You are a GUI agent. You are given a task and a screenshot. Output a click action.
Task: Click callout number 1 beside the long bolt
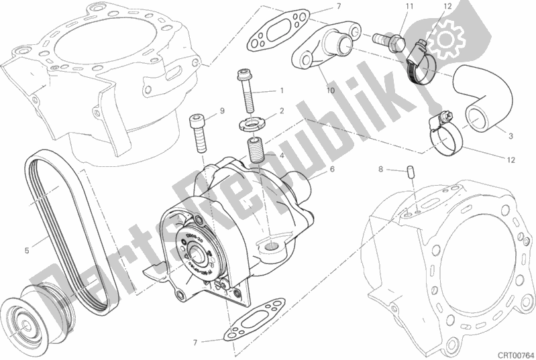pos(282,91)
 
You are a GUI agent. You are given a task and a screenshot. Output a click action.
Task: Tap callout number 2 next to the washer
pos(282,111)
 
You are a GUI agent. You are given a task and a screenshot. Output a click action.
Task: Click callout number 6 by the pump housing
pos(331,170)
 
